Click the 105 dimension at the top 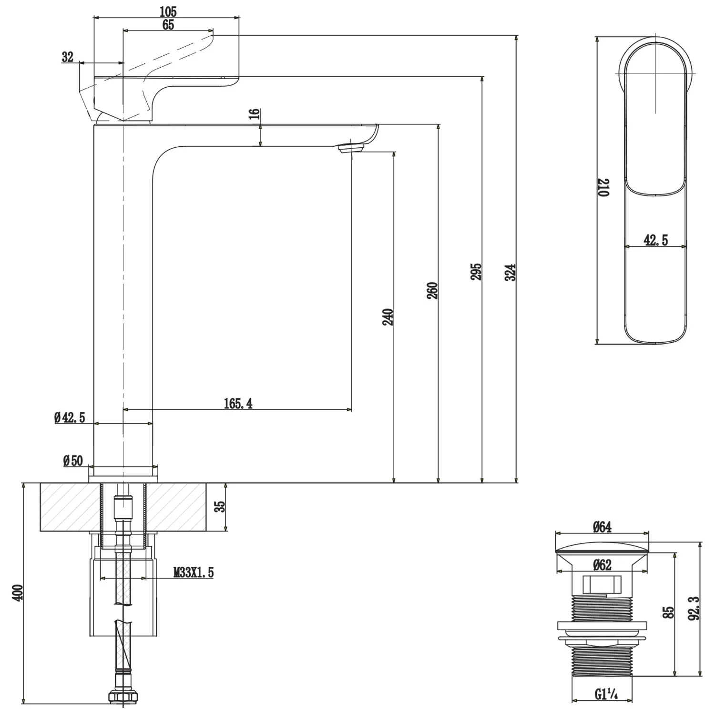[168, 11]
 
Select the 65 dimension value [168, 25]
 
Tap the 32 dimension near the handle [68, 57]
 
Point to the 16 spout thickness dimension [255, 114]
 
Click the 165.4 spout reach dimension [238, 404]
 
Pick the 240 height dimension [388, 317]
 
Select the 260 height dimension [432, 291]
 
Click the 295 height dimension [476, 271]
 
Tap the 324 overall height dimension [511, 272]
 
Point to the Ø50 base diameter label [73, 461]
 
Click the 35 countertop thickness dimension [219, 506]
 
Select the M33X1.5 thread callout [194, 572]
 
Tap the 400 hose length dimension [18, 593]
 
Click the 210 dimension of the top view [604, 188]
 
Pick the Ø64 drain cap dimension [602, 527]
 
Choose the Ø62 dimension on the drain [602, 565]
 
